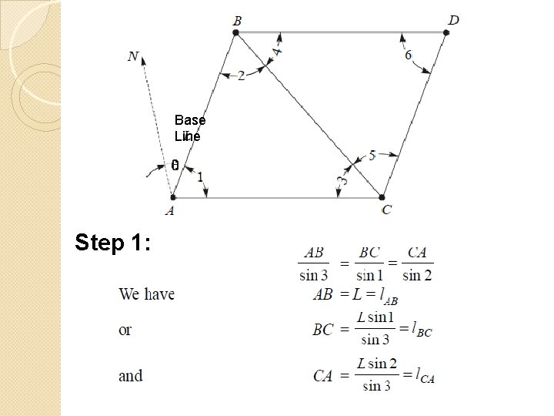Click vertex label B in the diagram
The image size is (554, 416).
pyautogui.click(x=236, y=20)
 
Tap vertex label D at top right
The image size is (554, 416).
pyautogui.click(x=454, y=19)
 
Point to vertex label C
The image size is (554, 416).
pyautogui.click(x=386, y=210)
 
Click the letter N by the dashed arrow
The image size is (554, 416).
pyautogui.click(x=134, y=56)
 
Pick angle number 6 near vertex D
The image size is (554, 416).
pyautogui.click(x=407, y=55)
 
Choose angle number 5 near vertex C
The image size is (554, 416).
pyautogui.click(x=372, y=156)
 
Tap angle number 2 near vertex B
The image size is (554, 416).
pyautogui.click(x=242, y=75)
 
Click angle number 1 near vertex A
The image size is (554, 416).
pyautogui.click(x=201, y=177)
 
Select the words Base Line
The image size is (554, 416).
pyautogui.click(x=189, y=128)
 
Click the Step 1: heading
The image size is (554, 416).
pyautogui.click(x=112, y=243)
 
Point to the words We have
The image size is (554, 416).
pyautogui.click(x=146, y=294)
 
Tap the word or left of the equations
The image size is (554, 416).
pyautogui.click(x=125, y=330)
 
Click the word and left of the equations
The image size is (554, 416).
pyautogui.click(x=130, y=376)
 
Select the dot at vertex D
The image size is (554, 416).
pyautogui.click(x=446, y=32)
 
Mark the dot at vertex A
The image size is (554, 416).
pyautogui.click(x=172, y=198)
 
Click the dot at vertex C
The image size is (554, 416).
pyautogui.click(x=382, y=198)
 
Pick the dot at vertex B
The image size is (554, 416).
pyautogui.click(x=236, y=32)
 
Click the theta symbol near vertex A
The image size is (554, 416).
pyautogui.click(x=175, y=166)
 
